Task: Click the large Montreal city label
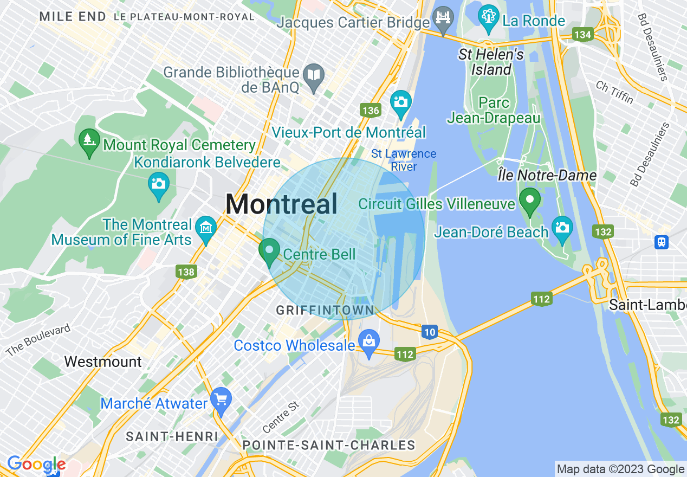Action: [281, 205]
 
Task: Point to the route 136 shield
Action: [371, 111]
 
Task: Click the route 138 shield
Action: [186, 272]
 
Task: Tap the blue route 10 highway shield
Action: [429, 332]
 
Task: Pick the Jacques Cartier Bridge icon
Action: [444, 20]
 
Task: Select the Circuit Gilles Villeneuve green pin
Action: [529, 200]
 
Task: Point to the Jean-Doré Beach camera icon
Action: [562, 228]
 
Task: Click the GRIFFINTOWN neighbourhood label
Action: [325, 311]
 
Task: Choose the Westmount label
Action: [103, 362]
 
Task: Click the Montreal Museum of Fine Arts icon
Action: [206, 229]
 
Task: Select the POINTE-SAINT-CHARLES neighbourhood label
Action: [329, 446]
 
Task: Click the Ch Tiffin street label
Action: [614, 92]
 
